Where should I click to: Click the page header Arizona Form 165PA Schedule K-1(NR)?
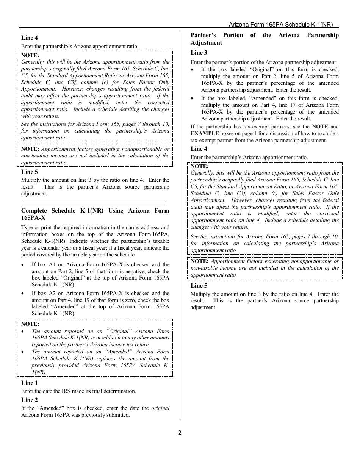click(x=280, y=25)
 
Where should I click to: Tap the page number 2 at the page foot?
click(x=180, y=433)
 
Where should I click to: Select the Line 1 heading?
click(x=30, y=383)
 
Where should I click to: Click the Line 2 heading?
click(x=30, y=400)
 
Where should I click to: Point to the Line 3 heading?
click(x=199, y=53)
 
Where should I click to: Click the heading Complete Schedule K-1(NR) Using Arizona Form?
click(x=95, y=211)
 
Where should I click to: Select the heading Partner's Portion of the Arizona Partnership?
click(x=265, y=35)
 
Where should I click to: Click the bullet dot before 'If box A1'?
click(x=24, y=265)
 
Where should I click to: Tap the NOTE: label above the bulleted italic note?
click(x=30, y=324)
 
